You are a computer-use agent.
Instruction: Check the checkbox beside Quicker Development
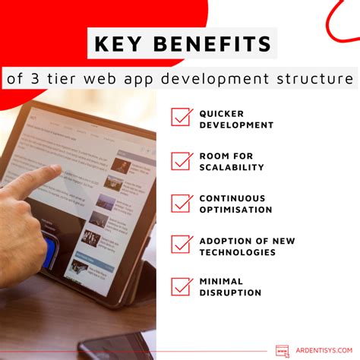182,118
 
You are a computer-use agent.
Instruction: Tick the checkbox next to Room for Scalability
182,160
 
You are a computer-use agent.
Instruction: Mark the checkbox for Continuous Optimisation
182,203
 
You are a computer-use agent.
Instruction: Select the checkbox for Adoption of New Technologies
182,245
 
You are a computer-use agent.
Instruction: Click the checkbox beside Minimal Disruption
182,286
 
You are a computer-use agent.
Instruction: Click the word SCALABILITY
232,167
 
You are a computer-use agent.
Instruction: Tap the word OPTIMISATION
235,210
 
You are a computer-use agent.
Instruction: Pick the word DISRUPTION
231,293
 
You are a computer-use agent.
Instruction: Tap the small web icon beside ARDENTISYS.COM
283,350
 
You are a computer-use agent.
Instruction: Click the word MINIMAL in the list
220,282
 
